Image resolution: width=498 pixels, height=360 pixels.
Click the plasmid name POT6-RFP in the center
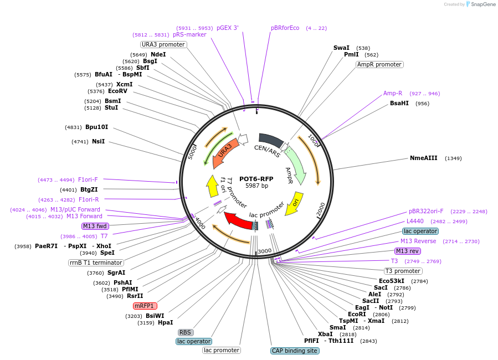coord(256,179)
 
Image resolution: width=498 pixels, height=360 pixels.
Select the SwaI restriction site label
coord(341,48)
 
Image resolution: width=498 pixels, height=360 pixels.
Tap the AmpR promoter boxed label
coord(379,64)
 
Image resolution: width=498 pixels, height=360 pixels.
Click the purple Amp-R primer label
coord(393,93)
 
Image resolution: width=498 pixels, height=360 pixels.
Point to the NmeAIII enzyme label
coord(423,158)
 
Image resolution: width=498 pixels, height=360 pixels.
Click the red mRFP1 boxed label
coord(145,306)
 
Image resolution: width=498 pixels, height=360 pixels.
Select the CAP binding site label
coord(294,351)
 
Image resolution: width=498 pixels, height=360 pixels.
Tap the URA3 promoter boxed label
coord(163,44)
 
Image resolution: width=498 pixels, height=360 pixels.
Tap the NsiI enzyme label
coord(98,142)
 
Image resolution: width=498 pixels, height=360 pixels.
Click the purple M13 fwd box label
coord(95,226)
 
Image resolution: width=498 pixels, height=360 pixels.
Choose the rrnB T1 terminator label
coord(96,263)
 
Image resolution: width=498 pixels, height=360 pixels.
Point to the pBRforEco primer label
coord(285,28)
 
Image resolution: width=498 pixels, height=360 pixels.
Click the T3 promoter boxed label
coord(403,271)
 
